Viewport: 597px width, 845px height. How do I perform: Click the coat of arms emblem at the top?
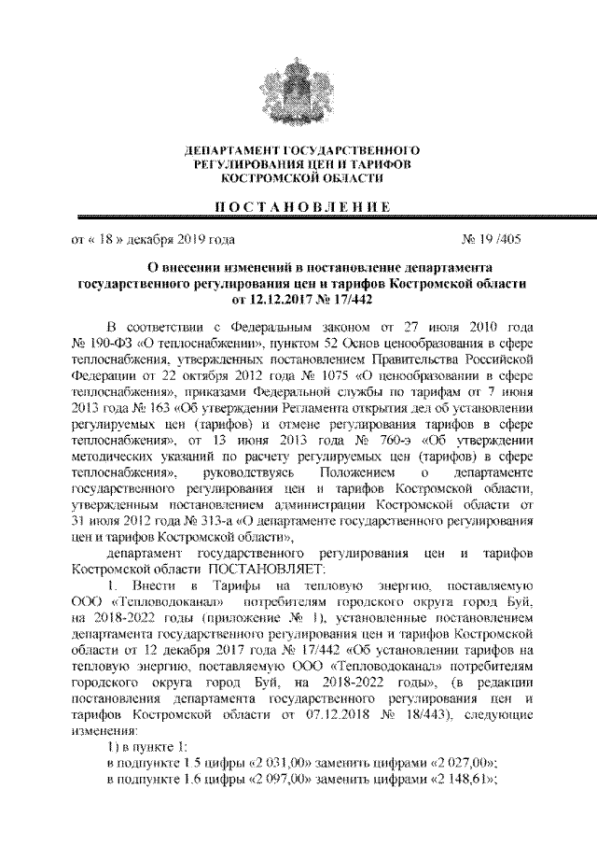tap(299, 78)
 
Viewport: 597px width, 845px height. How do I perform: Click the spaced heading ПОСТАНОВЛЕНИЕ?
tap(298, 205)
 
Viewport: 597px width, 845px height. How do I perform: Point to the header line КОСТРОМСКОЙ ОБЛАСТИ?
tap(298, 177)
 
